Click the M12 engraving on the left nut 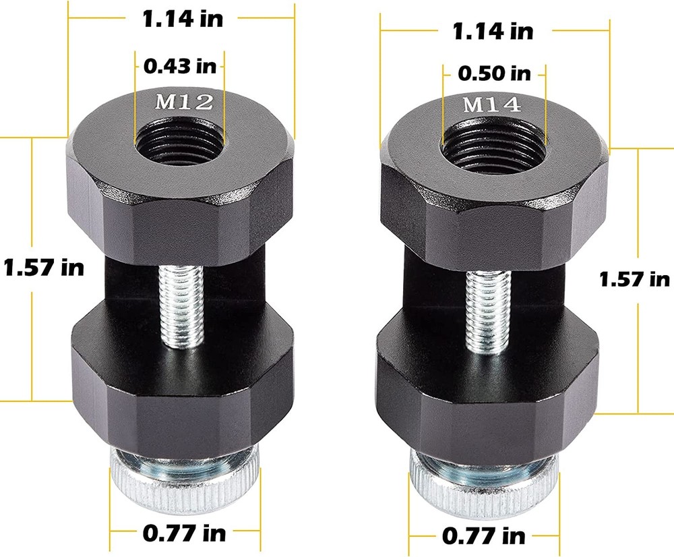(184, 102)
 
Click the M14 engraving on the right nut (491, 105)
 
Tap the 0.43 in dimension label (179, 67)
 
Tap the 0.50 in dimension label (494, 73)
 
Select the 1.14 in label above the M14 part (493, 30)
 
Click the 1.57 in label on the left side (44, 267)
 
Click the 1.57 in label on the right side (634, 278)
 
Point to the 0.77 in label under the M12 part (184, 533)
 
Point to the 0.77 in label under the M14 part (483, 536)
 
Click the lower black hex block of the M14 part (485, 398)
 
